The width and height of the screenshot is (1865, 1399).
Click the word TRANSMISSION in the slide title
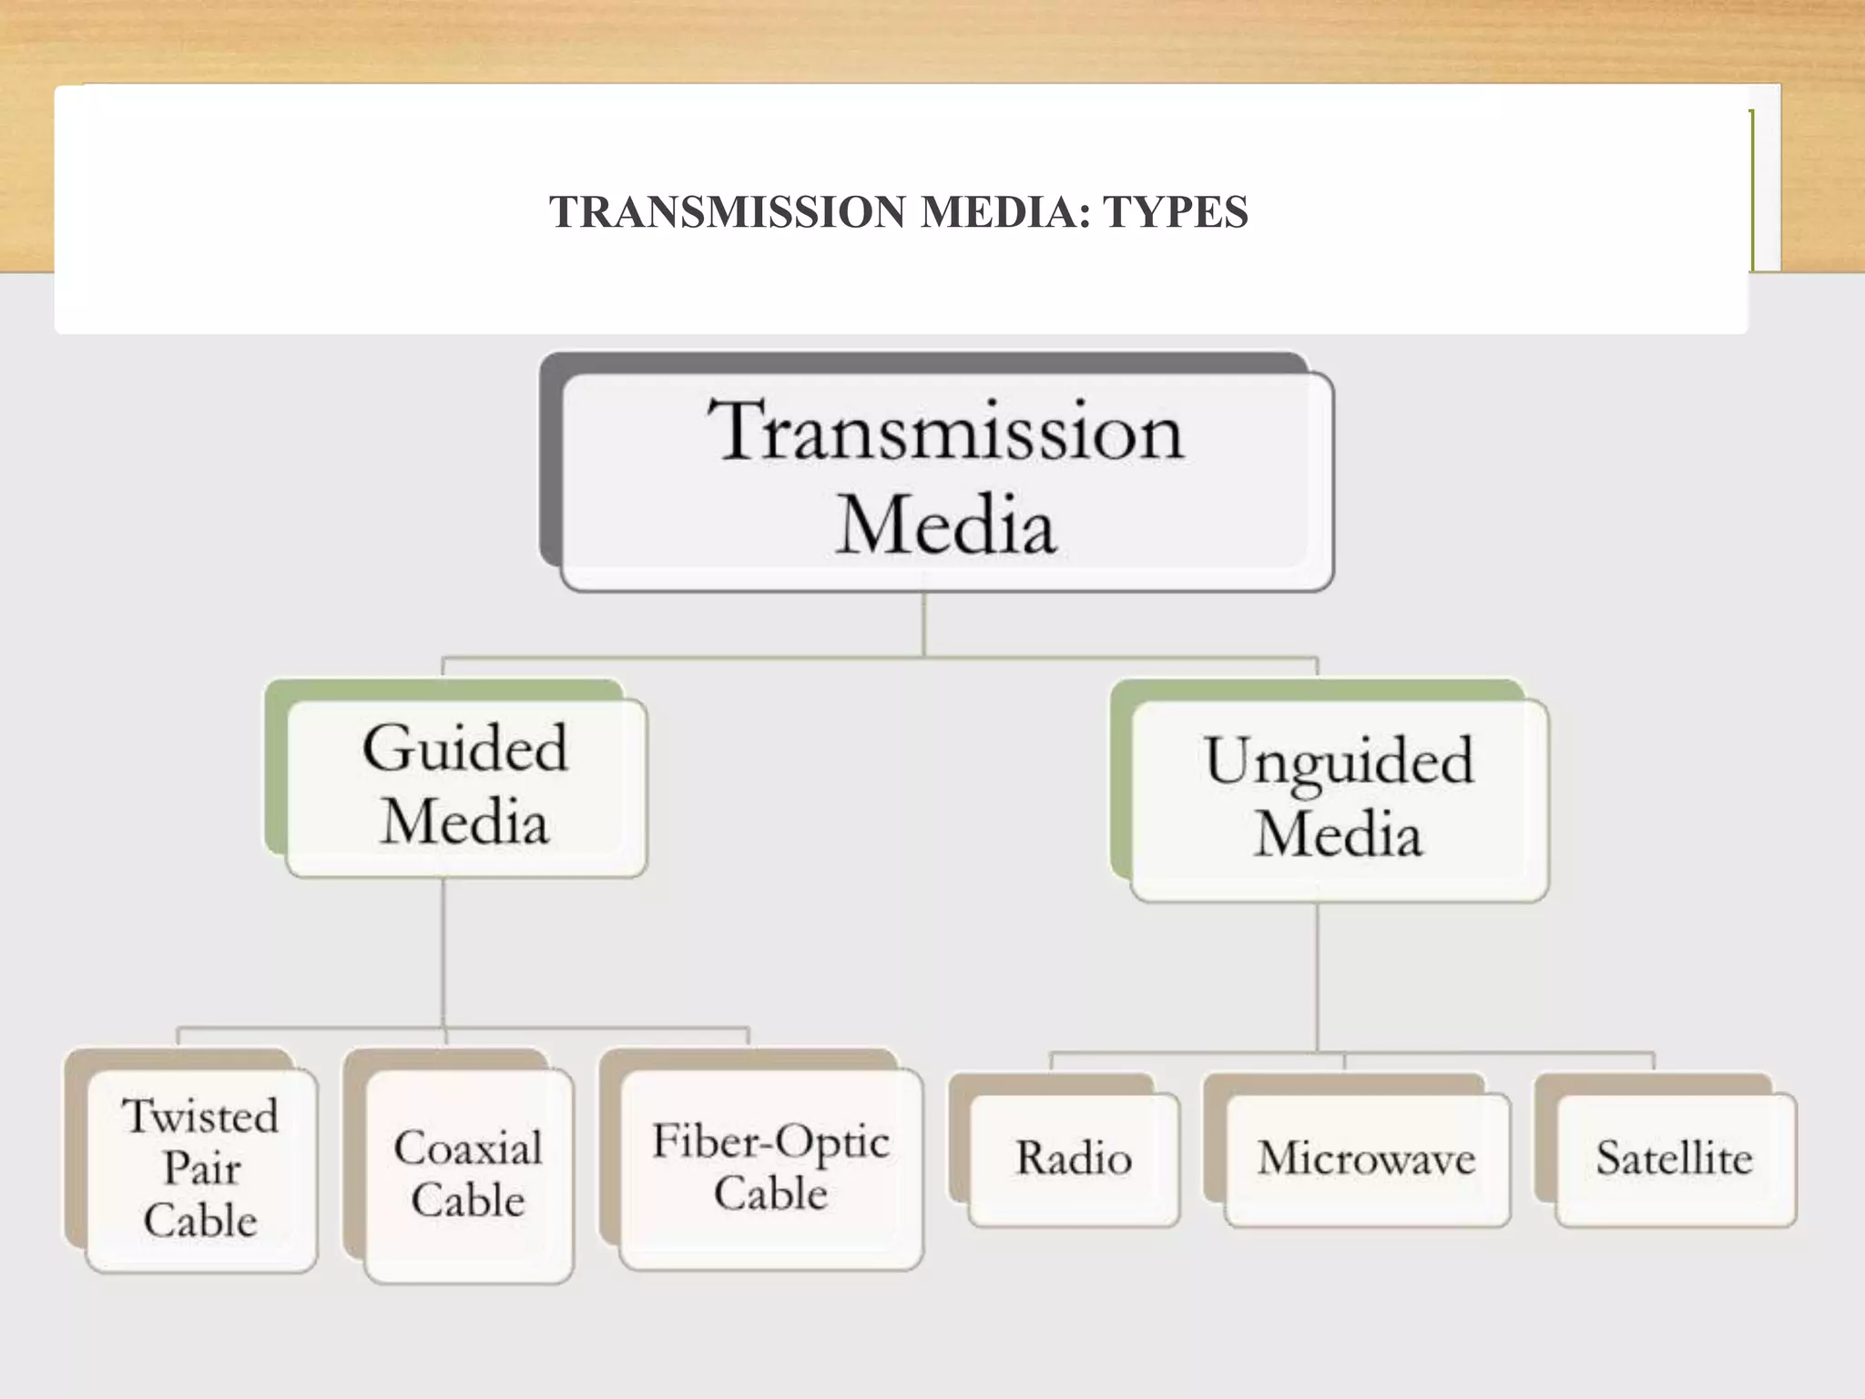(727, 212)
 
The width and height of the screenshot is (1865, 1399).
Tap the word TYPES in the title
(1175, 212)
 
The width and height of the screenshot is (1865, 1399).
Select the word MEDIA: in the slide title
(1005, 212)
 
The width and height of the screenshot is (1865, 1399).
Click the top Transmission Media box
(947, 481)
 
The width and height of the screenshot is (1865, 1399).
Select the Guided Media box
(465, 787)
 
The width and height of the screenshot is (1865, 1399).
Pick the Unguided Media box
(1339, 800)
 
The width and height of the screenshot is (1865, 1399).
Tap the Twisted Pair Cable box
(200, 1170)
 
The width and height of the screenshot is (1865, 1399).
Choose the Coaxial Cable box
(468, 1175)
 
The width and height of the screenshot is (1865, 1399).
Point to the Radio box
(1074, 1159)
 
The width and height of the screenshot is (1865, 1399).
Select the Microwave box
(1366, 1159)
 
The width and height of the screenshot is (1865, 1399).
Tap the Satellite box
(1674, 1159)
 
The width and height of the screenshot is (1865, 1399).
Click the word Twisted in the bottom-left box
(200, 1117)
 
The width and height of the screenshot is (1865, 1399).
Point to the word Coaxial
(468, 1148)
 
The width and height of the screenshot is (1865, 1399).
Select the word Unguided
(1339, 761)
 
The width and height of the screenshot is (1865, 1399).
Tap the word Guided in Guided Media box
(465, 749)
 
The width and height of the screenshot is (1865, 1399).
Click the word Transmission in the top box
(947, 431)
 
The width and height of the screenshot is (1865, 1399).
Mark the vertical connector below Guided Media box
(443, 952)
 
